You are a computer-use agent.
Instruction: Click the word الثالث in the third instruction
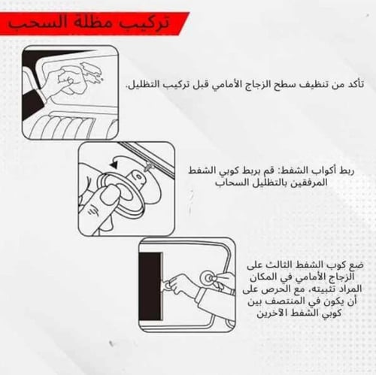(275, 267)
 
